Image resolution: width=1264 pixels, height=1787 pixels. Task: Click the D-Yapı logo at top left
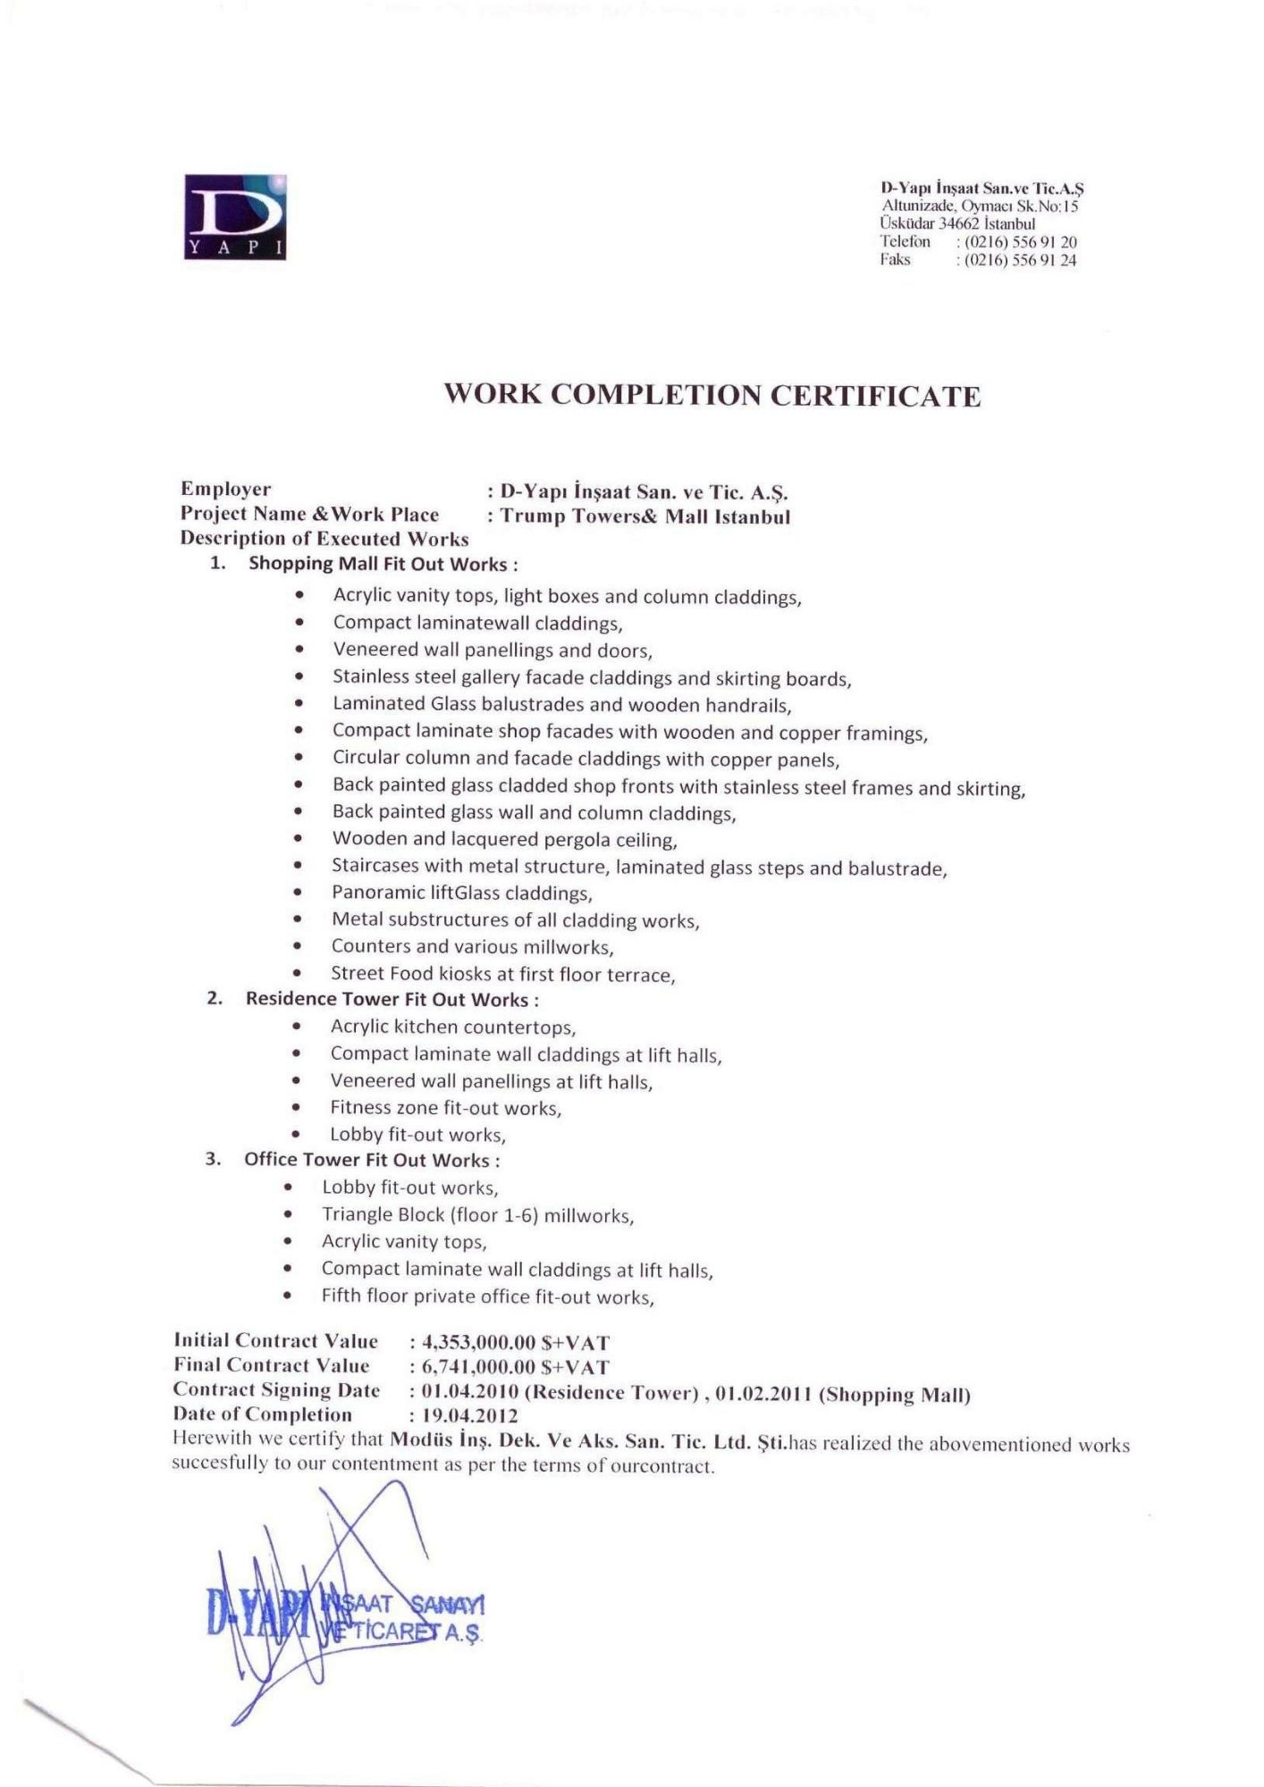point(235,217)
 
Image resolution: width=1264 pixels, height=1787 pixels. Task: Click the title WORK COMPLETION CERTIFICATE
point(712,395)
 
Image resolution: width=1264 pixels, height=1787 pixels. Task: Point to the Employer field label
point(225,489)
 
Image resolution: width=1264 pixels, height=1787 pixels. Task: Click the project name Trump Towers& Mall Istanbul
point(645,516)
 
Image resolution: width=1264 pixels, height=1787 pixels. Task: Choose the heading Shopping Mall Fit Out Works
point(383,564)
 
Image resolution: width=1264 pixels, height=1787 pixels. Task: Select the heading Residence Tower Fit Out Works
point(392,999)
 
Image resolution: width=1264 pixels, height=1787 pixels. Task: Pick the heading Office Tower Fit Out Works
point(371,1160)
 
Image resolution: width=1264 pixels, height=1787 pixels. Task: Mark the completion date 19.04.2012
point(469,1416)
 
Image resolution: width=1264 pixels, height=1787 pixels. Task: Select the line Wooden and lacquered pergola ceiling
point(504,839)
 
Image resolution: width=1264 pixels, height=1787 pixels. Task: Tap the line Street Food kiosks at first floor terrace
point(502,974)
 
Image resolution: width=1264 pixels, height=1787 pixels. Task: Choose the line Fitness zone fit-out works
point(445,1108)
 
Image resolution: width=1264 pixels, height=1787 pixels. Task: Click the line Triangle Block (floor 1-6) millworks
point(477,1215)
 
